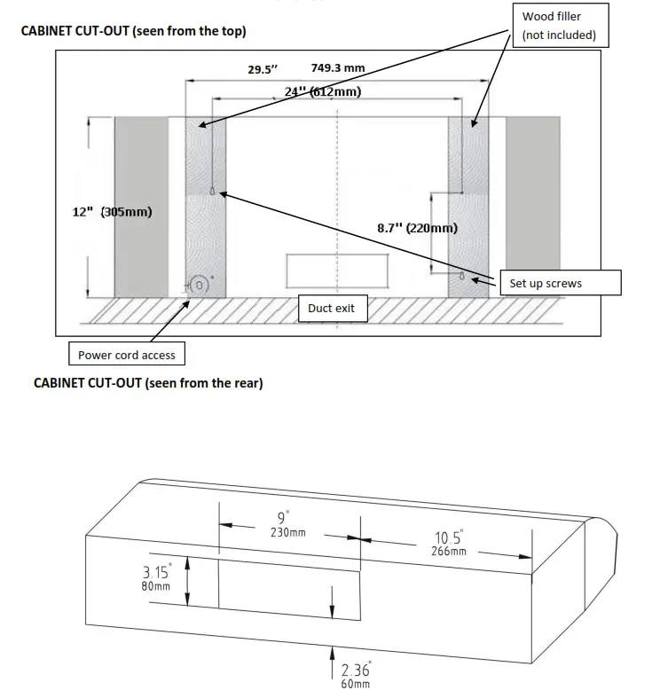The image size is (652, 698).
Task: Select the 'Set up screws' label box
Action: tap(559, 284)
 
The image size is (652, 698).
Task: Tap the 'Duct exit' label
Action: tap(331, 308)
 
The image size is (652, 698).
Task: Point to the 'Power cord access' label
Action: tap(127, 355)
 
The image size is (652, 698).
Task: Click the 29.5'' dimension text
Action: tap(263, 70)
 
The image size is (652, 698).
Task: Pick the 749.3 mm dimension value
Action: tap(338, 68)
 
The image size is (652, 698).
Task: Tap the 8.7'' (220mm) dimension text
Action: tap(417, 228)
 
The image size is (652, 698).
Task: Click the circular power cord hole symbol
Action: tap(200, 285)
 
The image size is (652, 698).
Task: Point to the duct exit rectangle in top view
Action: tap(337, 271)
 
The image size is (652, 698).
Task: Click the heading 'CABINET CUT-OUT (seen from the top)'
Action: tap(133, 31)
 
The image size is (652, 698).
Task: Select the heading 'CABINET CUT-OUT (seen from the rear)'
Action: tap(148, 383)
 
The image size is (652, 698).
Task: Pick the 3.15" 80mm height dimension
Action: tap(156, 579)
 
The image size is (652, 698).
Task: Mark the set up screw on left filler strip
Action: tap(213, 192)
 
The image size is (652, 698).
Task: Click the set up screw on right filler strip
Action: tap(461, 276)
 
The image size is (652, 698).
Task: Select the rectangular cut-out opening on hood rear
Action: tap(288, 589)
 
